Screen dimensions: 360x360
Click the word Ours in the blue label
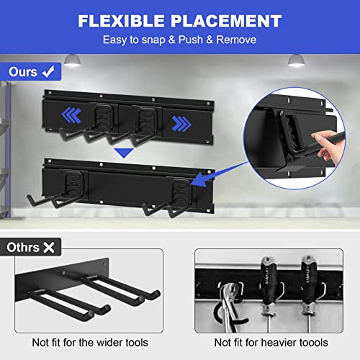[x=24, y=72]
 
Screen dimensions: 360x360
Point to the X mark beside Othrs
[x=49, y=248]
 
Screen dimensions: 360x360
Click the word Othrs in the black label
[x=23, y=248]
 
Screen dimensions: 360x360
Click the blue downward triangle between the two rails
[x=126, y=153]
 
